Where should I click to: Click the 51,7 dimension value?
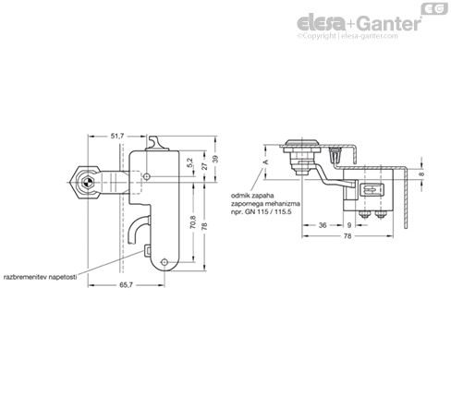(x=117, y=136)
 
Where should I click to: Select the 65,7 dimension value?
(x=126, y=285)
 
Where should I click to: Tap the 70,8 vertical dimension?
(x=193, y=221)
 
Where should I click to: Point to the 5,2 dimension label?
(x=189, y=162)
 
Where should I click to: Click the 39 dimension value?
(x=215, y=159)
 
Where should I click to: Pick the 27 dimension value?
(x=204, y=166)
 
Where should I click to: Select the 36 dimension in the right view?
(x=323, y=225)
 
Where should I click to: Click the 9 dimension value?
(x=349, y=225)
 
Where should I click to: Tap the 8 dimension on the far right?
(x=421, y=174)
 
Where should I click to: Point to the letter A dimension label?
(x=266, y=162)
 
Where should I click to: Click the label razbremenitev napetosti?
(x=40, y=277)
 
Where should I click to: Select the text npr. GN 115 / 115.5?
(x=261, y=211)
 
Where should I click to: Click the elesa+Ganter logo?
(x=359, y=23)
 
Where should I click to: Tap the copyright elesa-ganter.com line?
(x=347, y=36)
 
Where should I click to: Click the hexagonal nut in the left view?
(x=85, y=183)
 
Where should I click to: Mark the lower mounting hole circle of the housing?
(x=165, y=262)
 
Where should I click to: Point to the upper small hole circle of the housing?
(x=147, y=176)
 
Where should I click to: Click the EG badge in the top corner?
(x=434, y=8)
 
